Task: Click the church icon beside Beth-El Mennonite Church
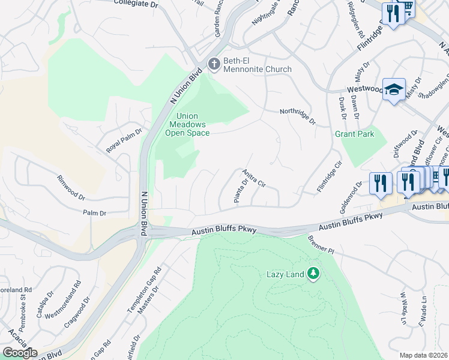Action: pyautogui.click(x=213, y=64)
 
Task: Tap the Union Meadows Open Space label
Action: pyautogui.click(x=187, y=125)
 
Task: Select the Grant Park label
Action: pyautogui.click(x=354, y=134)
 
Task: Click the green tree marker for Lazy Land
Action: pyautogui.click(x=312, y=274)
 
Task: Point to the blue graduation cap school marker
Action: pyautogui.click(x=393, y=90)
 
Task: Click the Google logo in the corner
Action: pyautogui.click(x=19, y=353)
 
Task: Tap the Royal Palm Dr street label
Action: pyautogui.click(x=124, y=141)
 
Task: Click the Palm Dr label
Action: pyautogui.click(x=94, y=213)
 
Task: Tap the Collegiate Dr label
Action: pyautogui.click(x=136, y=4)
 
